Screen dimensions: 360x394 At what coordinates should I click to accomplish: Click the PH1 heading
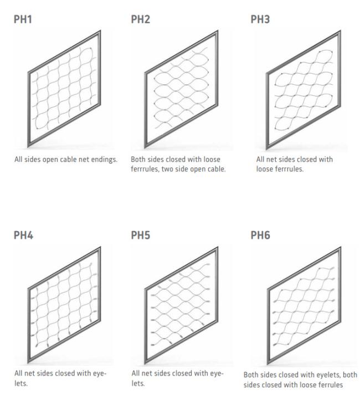23,19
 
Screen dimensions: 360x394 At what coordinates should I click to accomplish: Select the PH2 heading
141,19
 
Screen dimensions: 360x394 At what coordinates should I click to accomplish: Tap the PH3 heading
260,19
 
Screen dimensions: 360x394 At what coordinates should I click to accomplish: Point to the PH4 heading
23,235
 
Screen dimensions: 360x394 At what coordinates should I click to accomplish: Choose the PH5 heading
141,235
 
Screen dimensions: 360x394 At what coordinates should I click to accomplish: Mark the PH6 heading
260,235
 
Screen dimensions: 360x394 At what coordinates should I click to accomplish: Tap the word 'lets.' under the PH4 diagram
21,383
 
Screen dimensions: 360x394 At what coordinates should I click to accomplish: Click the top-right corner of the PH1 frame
100,30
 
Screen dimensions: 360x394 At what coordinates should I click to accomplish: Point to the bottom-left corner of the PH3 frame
267,149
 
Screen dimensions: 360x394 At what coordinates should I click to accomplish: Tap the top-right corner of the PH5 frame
218,247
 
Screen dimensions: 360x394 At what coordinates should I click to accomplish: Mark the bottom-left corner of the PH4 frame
28,363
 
